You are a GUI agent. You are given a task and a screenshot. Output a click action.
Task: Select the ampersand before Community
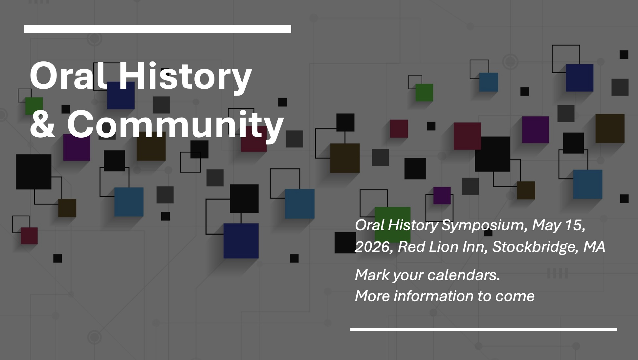pos(43,124)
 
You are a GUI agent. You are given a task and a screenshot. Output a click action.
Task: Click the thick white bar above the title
pos(158,29)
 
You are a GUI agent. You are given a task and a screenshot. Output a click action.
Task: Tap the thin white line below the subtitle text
pos(484,329)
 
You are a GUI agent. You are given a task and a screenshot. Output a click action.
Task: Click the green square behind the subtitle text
pos(393,225)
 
